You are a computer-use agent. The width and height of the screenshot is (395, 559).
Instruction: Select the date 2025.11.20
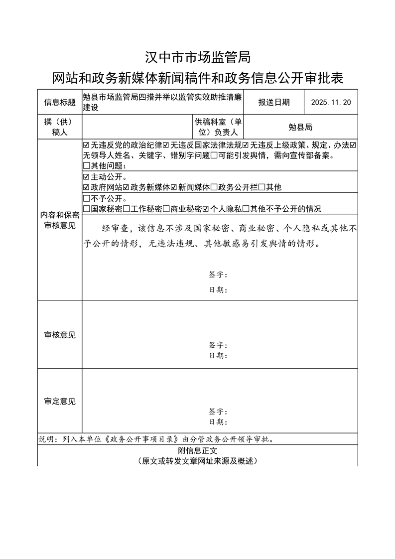[331, 103]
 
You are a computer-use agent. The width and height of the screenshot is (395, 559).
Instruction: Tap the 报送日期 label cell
[273, 103]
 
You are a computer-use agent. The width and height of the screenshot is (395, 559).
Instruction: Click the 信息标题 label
[60, 103]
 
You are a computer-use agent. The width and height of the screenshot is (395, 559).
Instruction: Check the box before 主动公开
[87, 177]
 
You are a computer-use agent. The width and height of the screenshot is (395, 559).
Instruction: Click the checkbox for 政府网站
[87, 187]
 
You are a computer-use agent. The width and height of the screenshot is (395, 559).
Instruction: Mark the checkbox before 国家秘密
[87, 209]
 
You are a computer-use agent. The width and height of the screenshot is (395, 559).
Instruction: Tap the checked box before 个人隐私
[206, 209]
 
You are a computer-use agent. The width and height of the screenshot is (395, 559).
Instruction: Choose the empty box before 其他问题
[87, 166]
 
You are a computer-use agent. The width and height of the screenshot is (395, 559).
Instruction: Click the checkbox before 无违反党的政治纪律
[87, 145]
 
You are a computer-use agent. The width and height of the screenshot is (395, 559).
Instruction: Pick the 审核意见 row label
[60, 335]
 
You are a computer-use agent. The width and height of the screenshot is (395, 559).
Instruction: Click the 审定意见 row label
[60, 401]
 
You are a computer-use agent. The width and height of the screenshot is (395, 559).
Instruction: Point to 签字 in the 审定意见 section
[218, 412]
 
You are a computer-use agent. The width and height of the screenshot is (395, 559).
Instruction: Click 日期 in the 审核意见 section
[218, 356]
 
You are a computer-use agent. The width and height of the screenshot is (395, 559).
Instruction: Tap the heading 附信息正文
[197, 450]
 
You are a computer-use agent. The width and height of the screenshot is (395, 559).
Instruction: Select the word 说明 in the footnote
[48, 439]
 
